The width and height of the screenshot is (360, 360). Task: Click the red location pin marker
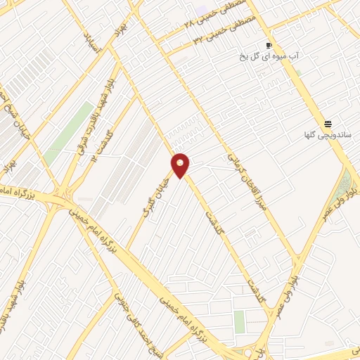click(x=181, y=165)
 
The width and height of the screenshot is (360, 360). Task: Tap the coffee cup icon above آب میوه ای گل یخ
click(x=269, y=45)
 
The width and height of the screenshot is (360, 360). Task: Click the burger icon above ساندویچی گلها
click(x=328, y=122)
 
